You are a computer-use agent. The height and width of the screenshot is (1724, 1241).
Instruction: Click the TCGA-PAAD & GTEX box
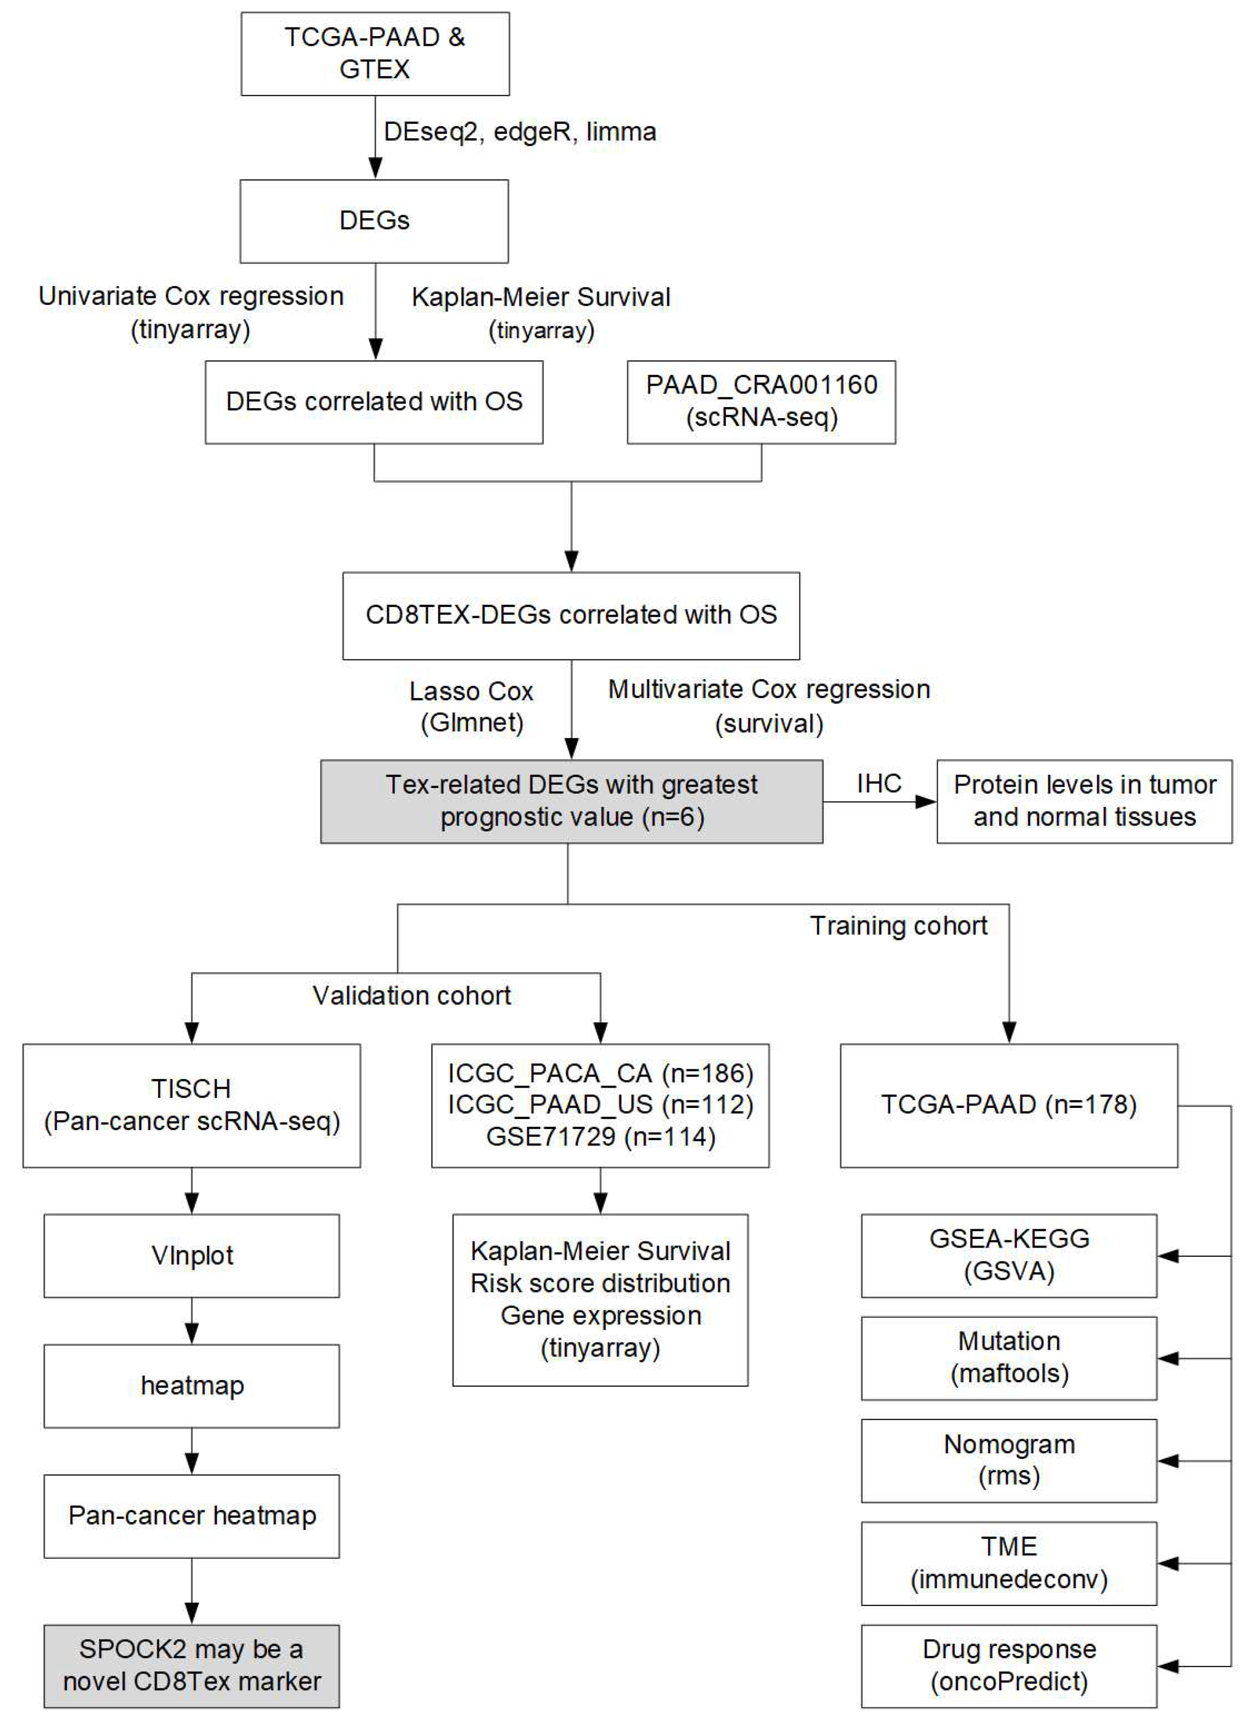coord(375,53)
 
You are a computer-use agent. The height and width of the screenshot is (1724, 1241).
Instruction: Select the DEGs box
coord(374,221)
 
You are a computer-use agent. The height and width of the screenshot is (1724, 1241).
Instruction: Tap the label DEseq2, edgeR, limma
coord(520,132)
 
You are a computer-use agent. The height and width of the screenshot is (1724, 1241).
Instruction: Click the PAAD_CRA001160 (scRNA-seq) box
coord(761,401)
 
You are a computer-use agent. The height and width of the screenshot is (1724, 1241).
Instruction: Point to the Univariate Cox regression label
coord(191,296)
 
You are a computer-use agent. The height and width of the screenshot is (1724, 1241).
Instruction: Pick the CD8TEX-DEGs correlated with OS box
coord(571,615)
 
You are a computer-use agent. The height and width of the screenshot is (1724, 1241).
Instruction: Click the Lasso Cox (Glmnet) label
coord(471,706)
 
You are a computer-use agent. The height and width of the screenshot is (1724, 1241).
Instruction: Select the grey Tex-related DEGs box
coord(571,801)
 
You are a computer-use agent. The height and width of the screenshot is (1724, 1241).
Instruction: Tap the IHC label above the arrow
coord(879,783)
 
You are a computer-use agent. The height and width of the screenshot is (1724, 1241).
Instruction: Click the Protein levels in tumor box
coord(1084,801)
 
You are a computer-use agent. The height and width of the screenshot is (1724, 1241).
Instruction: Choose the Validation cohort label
coord(412,995)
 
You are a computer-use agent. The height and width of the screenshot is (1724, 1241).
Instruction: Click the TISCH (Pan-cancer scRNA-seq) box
coord(192,1105)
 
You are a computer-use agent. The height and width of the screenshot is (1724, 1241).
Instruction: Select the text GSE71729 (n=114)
coord(600,1136)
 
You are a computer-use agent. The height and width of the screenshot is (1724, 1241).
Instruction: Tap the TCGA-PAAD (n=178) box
coord(1008,1105)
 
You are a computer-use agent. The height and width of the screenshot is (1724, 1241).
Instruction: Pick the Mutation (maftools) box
coord(1008,1357)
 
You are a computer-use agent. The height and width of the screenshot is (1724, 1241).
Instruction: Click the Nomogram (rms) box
coord(1008,1460)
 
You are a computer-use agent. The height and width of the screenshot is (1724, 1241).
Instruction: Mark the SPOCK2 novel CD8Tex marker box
coord(192,1665)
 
